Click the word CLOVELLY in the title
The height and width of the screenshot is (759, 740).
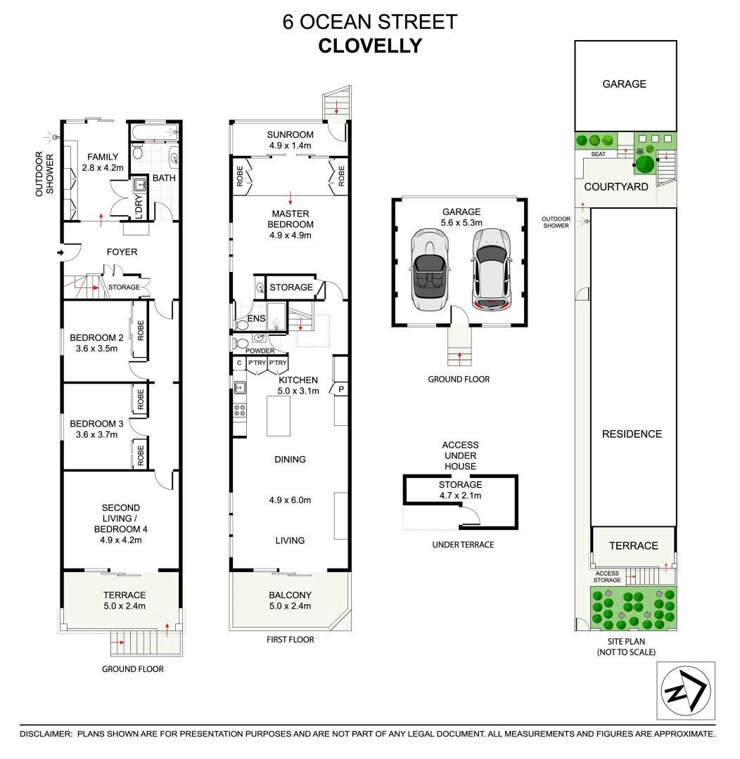(370, 46)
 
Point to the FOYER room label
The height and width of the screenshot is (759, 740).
(122, 252)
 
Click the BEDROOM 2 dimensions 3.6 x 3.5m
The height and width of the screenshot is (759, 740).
(96, 349)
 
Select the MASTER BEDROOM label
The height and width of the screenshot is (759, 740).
(290, 219)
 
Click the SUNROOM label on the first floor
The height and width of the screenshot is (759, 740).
(290, 135)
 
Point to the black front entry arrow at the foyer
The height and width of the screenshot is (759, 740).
(61, 252)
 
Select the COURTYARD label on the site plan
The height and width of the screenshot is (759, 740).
(616, 187)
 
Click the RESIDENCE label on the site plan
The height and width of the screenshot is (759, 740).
(632, 434)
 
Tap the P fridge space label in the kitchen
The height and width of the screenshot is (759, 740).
(341, 389)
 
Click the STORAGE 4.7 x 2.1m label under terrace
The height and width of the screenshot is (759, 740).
(460, 490)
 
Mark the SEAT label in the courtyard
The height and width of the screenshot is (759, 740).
(599, 154)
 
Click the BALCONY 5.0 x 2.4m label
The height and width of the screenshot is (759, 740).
(290, 600)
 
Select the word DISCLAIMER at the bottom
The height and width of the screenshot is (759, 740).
(46, 734)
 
